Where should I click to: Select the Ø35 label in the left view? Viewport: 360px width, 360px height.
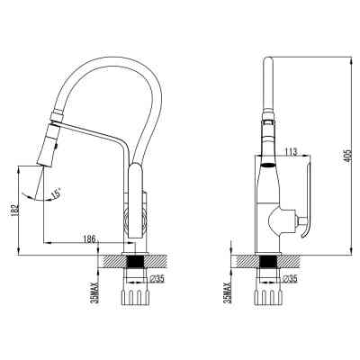pyautogui.click(x=157, y=279)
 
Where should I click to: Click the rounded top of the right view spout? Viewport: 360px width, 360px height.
pyautogui.click(x=266, y=63)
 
